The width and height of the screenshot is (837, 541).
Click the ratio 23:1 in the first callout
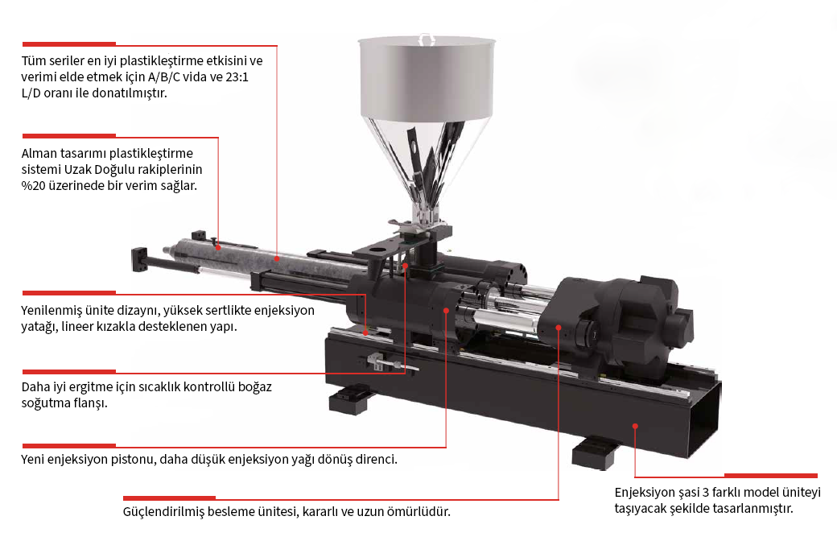[237, 77]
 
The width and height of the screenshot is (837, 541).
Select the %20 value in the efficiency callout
[33, 186]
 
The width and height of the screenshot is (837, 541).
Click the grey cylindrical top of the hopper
[427, 76]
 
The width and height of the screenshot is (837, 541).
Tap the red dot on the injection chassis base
[635, 426]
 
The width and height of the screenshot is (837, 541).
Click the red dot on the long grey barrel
[277, 258]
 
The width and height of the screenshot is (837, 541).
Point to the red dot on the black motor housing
[559, 328]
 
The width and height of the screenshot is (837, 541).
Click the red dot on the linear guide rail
[365, 332]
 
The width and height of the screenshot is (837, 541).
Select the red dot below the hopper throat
[405, 266]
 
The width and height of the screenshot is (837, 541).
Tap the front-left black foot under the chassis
[350, 401]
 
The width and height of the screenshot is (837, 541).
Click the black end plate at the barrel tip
[140, 259]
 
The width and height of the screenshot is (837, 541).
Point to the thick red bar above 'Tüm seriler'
[69, 43]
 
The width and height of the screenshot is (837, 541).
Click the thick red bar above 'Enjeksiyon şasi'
[771, 475]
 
